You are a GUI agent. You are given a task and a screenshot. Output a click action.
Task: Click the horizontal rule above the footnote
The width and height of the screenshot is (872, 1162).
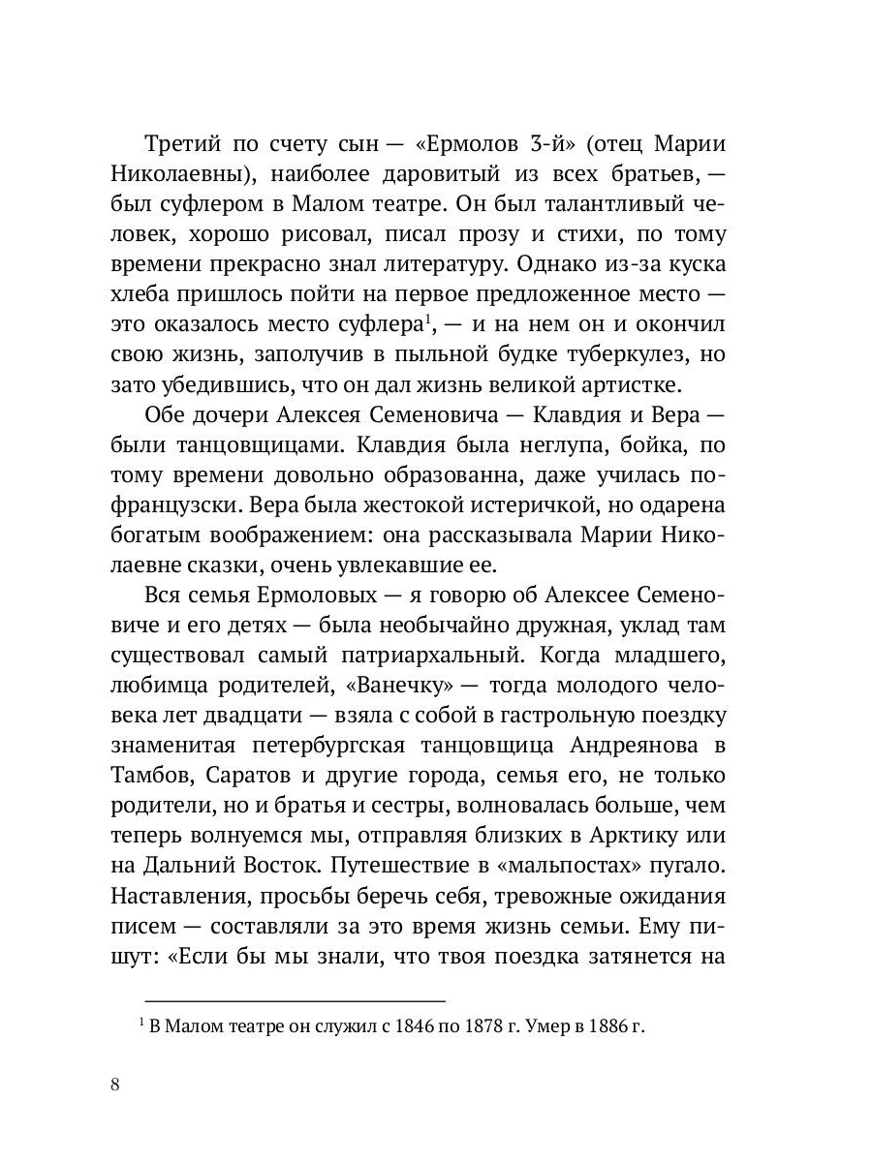click(295, 999)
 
